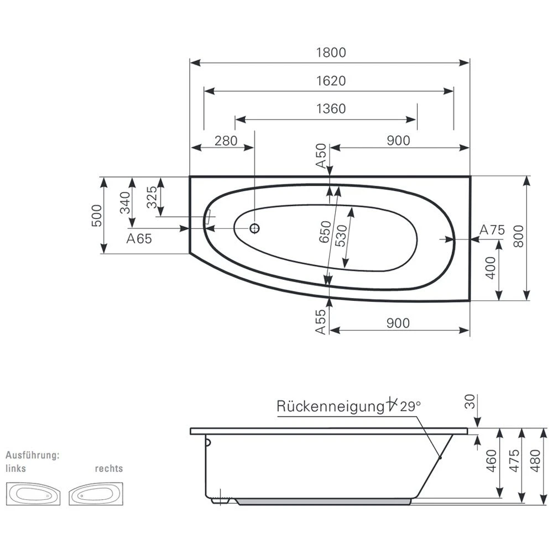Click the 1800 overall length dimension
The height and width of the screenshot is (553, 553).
pyautogui.click(x=331, y=53)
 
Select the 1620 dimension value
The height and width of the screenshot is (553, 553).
pyautogui.click(x=331, y=81)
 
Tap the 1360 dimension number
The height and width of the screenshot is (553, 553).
pyautogui.click(x=331, y=109)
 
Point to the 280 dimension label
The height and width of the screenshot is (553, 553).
pyautogui.click(x=226, y=140)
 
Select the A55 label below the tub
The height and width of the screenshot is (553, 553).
pyautogui.click(x=321, y=321)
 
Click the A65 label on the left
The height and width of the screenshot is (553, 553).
pyautogui.click(x=139, y=238)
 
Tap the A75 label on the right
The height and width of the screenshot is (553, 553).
pyautogui.click(x=492, y=230)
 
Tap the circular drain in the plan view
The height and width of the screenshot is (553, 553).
pyautogui.click(x=254, y=228)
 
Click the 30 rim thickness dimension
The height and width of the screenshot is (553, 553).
pyautogui.click(x=470, y=402)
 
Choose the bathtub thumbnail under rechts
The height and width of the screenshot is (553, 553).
pyautogui.click(x=96, y=493)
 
